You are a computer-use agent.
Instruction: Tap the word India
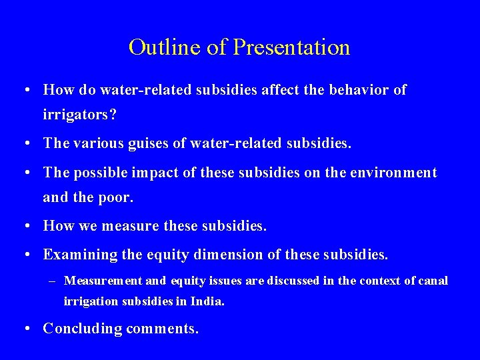click(x=207, y=301)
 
